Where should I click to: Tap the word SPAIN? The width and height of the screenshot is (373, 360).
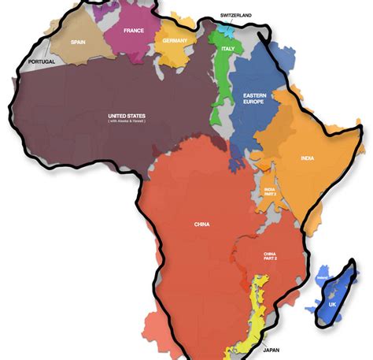coord(78,42)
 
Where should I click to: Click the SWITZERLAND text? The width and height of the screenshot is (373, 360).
coord(236,15)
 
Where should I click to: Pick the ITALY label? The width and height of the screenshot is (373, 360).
coord(228,49)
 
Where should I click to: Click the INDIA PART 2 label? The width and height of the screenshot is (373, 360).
coord(269,191)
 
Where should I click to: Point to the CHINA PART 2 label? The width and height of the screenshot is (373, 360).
coord(273,258)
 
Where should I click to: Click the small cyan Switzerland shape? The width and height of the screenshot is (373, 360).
coord(226,28)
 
